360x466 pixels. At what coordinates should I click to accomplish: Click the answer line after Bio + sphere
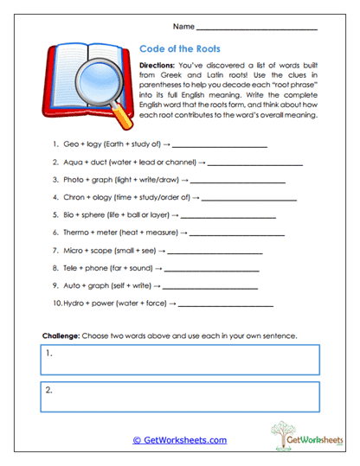[x=228, y=214]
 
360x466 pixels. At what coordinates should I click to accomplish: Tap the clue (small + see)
[x=138, y=250]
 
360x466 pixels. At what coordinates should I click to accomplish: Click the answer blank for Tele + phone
[x=207, y=268]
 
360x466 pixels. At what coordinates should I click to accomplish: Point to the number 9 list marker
[x=55, y=285]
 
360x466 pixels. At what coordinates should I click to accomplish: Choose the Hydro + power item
[x=91, y=303]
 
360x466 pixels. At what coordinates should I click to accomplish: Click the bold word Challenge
[x=61, y=335]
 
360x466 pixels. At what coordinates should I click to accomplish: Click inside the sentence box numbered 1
[x=179, y=358]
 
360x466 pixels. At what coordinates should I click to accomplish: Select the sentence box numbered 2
[x=179, y=395]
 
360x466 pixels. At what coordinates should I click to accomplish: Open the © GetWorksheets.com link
[x=179, y=440]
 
